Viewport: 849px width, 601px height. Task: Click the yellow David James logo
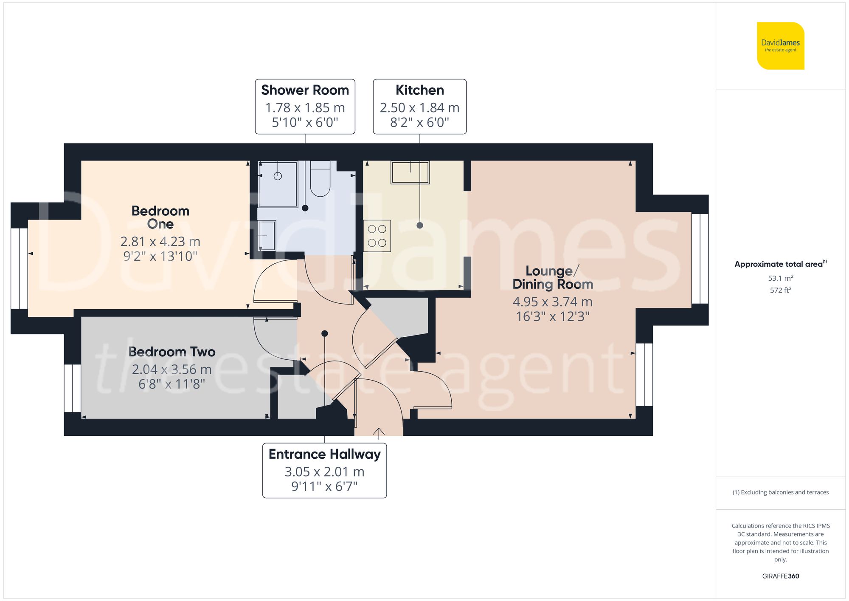[780, 46]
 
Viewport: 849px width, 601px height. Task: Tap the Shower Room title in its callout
[305, 90]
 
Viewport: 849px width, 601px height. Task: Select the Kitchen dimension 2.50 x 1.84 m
[419, 108]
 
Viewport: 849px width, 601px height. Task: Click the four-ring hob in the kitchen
[377, 236]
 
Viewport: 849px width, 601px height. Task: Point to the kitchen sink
[410, 172]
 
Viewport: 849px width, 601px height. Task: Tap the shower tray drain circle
[278, 176]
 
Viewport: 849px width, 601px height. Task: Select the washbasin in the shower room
[267, 235]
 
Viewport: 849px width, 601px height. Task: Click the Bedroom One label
[160, 217]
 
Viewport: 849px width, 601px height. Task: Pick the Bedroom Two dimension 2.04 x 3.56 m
[171, 370]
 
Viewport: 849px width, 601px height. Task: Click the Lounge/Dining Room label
[552, 277]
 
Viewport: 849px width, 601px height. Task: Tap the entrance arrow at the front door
[379, 432]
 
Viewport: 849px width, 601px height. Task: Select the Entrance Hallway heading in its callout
[324, 454]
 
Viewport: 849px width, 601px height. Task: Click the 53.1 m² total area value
[780, 278]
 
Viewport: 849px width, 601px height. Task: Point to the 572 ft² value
[780, 290]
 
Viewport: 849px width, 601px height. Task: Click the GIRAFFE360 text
[780, 576]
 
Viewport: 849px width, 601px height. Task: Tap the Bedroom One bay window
[19, 268]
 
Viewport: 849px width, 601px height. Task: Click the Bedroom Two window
[73, 388]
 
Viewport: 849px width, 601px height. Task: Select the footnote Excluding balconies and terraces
[780, 492]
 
